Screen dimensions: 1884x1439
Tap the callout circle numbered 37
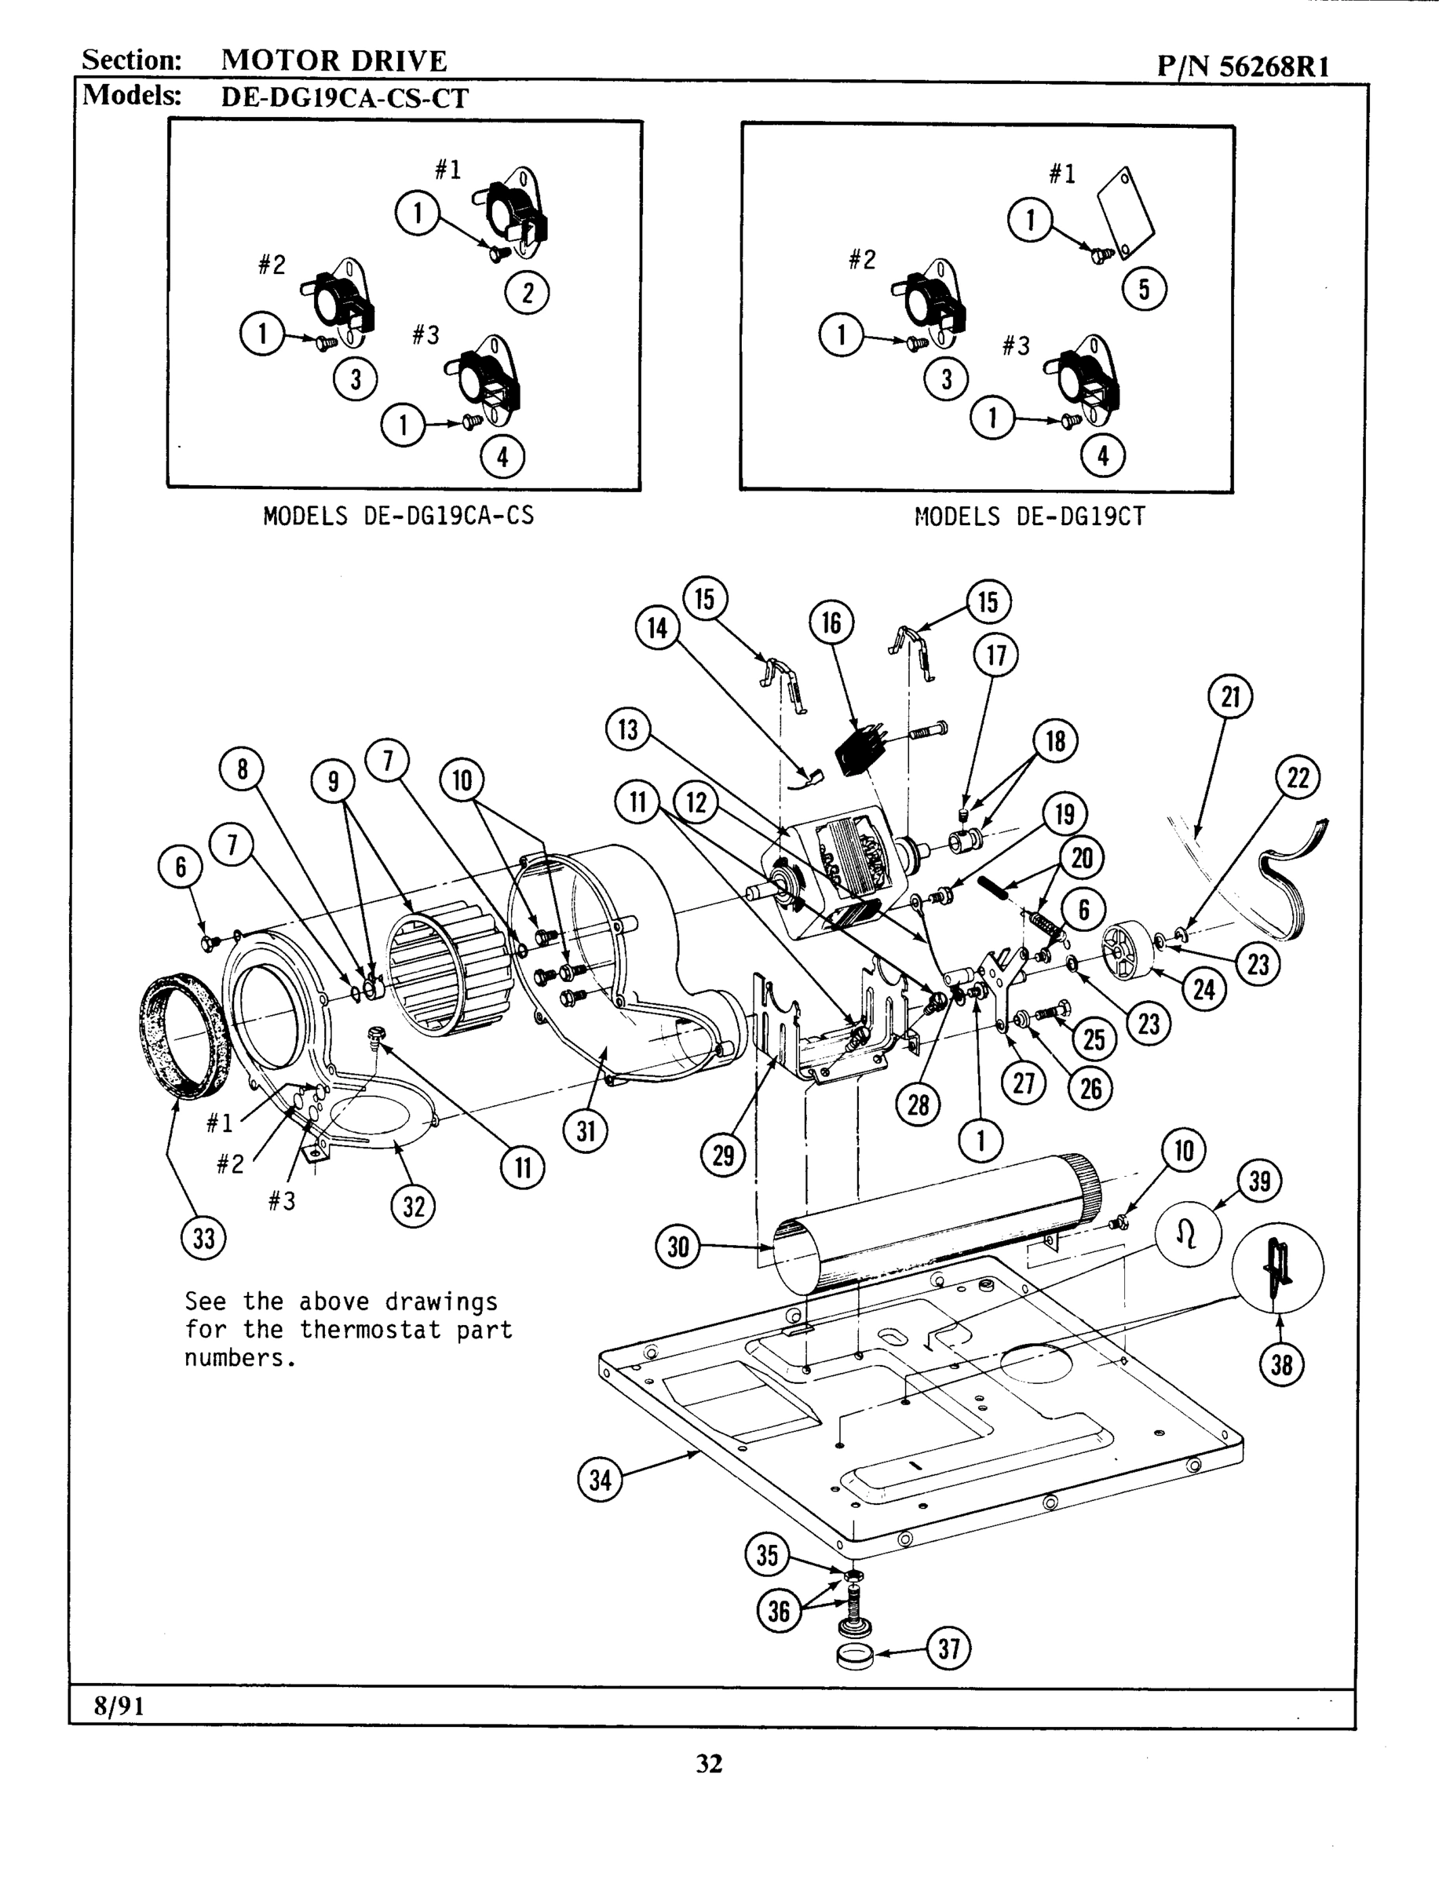point(949,1648)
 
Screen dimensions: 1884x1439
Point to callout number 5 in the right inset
point(1145,290)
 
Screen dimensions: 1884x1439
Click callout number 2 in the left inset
point(527,294)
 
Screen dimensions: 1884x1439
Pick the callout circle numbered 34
point(601,1479)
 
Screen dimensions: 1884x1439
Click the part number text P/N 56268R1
point(1243,66)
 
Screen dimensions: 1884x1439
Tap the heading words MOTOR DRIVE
point(334,60)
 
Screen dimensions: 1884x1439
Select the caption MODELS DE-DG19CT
point(1029,517)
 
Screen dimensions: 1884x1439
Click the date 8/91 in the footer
point(119,1706)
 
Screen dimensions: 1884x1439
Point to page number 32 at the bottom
point(709,1763)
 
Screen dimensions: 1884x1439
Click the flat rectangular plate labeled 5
point(1127,206)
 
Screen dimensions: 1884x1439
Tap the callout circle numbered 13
point(628,729)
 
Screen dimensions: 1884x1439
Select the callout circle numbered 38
point(1281,1364)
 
